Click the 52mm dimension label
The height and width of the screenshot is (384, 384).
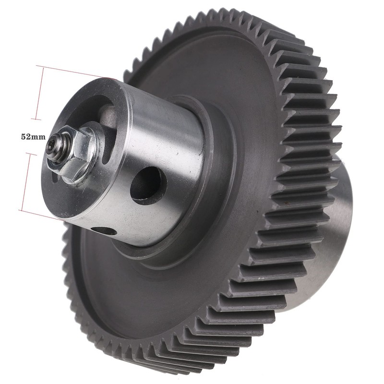pos(33,137)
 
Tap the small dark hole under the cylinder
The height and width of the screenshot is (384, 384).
pos(104,231)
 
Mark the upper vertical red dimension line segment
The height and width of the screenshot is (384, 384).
pos(40,94)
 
